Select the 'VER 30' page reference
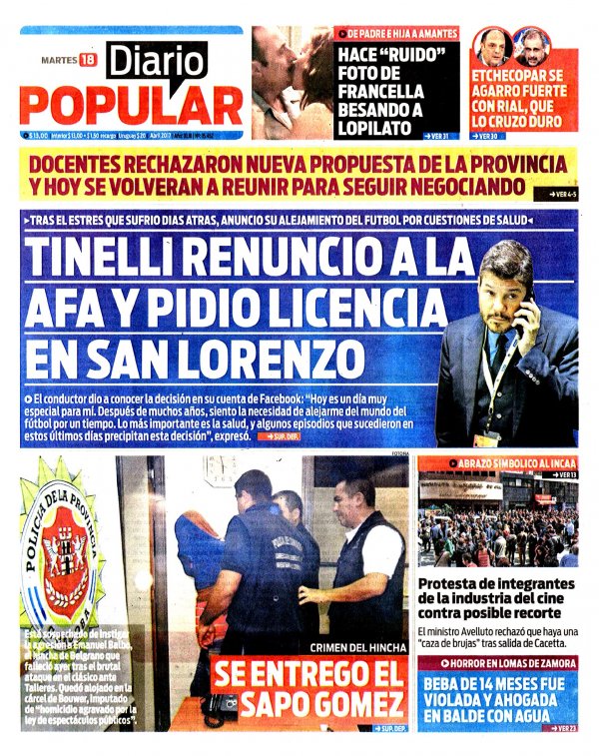coord(488,136)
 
